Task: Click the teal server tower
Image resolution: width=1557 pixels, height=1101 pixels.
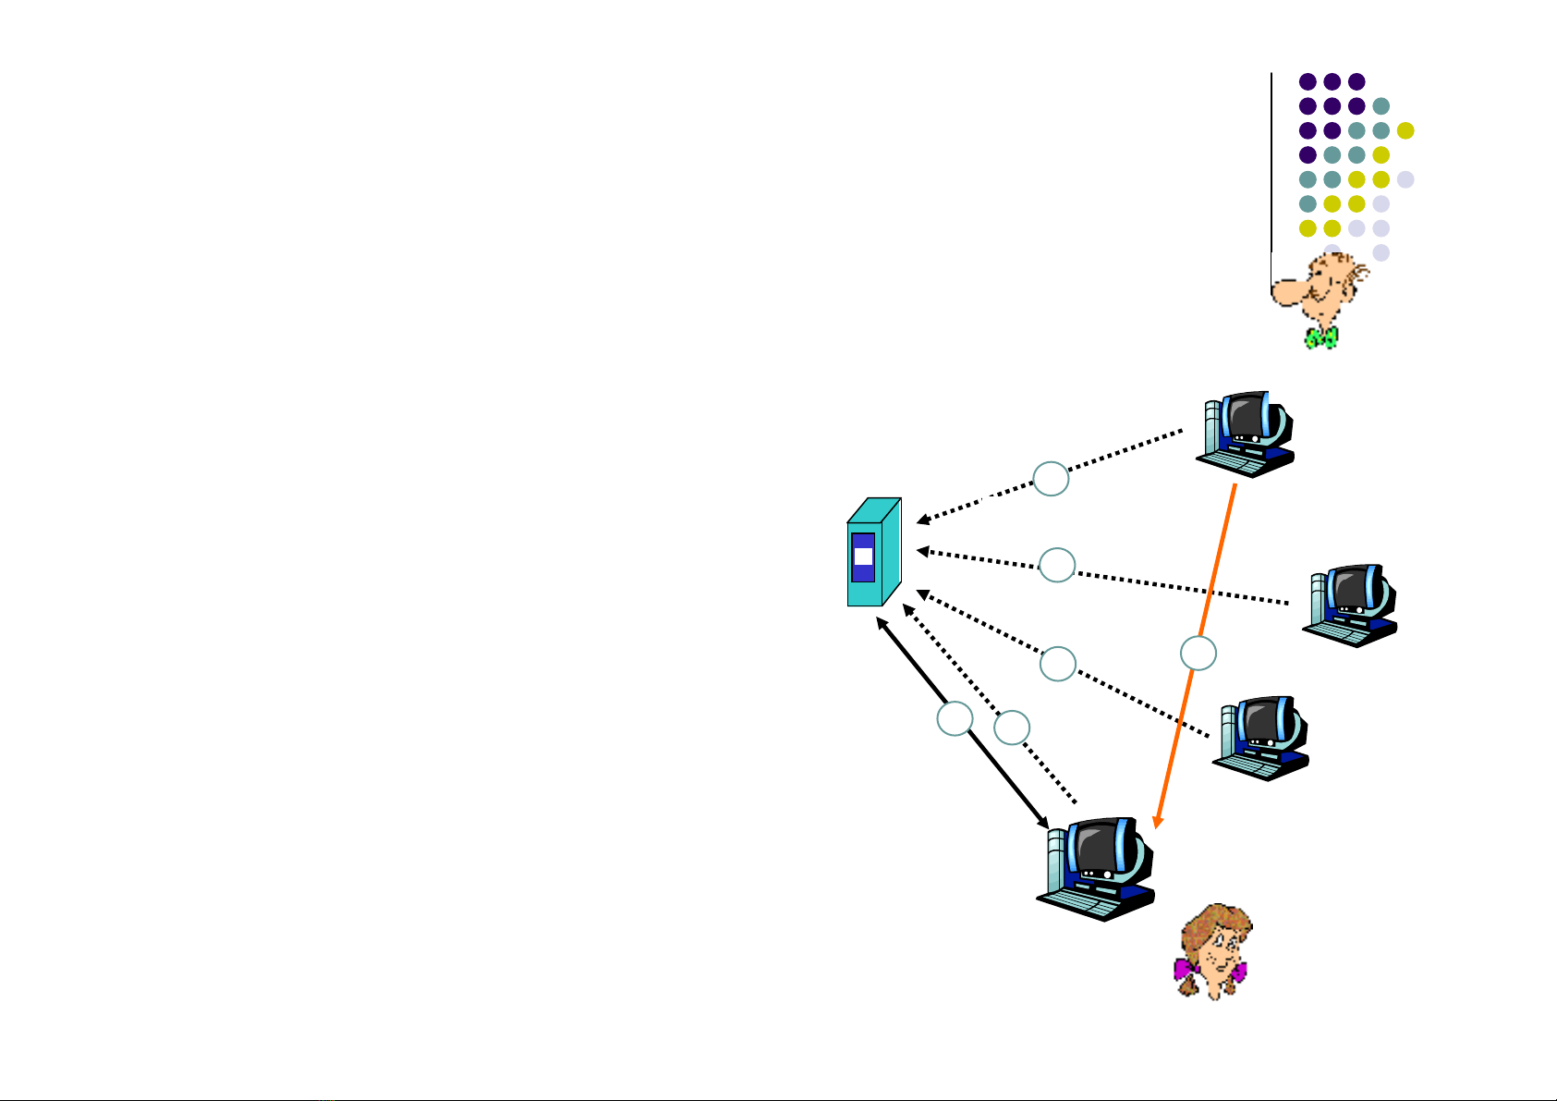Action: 873,555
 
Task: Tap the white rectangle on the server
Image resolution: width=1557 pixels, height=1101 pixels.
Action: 863,557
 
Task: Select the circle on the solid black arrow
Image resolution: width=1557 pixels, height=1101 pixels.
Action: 955,719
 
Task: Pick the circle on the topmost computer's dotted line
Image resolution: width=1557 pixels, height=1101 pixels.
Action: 1051,479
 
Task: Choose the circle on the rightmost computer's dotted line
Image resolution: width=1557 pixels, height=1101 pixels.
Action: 1057,565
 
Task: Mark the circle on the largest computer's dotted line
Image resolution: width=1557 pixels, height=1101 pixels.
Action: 1012,728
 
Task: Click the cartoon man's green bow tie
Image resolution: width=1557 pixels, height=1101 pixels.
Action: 1321,337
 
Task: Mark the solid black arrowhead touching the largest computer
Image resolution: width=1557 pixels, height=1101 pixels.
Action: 1042,821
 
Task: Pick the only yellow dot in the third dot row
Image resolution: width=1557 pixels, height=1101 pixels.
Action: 1405,130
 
